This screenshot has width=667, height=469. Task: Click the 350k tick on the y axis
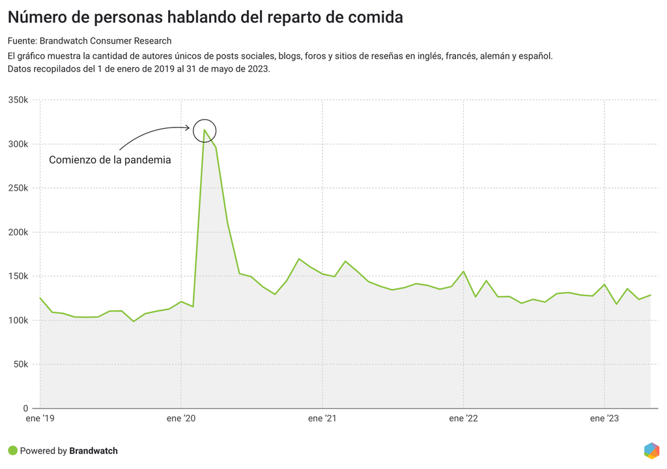point(18,100)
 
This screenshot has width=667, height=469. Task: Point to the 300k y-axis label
point(18,144)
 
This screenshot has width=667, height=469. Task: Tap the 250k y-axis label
point(18,188)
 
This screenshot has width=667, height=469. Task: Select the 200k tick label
point(18,232)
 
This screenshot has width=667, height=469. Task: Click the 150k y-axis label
point(18,276)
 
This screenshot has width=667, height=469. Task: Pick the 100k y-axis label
point(18,320)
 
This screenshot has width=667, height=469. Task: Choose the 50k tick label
point(20,364)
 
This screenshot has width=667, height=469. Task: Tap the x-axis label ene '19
point(40,419)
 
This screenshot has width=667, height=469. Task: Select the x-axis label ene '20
point(181,419)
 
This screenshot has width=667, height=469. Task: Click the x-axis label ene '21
point(322,419)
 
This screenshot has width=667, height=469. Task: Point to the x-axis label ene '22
point(463,419)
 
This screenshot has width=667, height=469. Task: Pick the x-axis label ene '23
point(604,419)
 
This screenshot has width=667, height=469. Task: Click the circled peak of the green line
point(205,130)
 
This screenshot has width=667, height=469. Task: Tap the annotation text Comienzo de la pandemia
point(110,160)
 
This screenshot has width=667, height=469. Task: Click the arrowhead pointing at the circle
point(188,127)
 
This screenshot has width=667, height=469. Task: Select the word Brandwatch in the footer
point(93,451)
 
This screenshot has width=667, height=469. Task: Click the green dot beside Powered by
point(12,451)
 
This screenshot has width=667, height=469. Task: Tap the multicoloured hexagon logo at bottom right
point(651,450)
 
